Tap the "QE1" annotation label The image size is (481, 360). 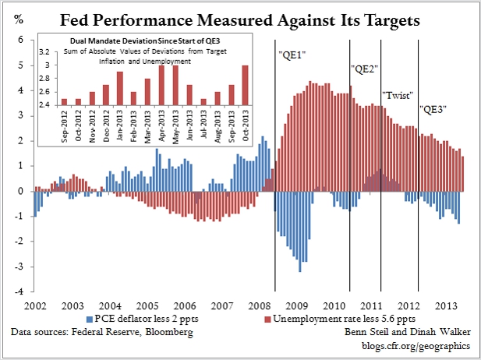click(292, 55)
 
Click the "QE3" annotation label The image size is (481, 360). click(434, 110)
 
